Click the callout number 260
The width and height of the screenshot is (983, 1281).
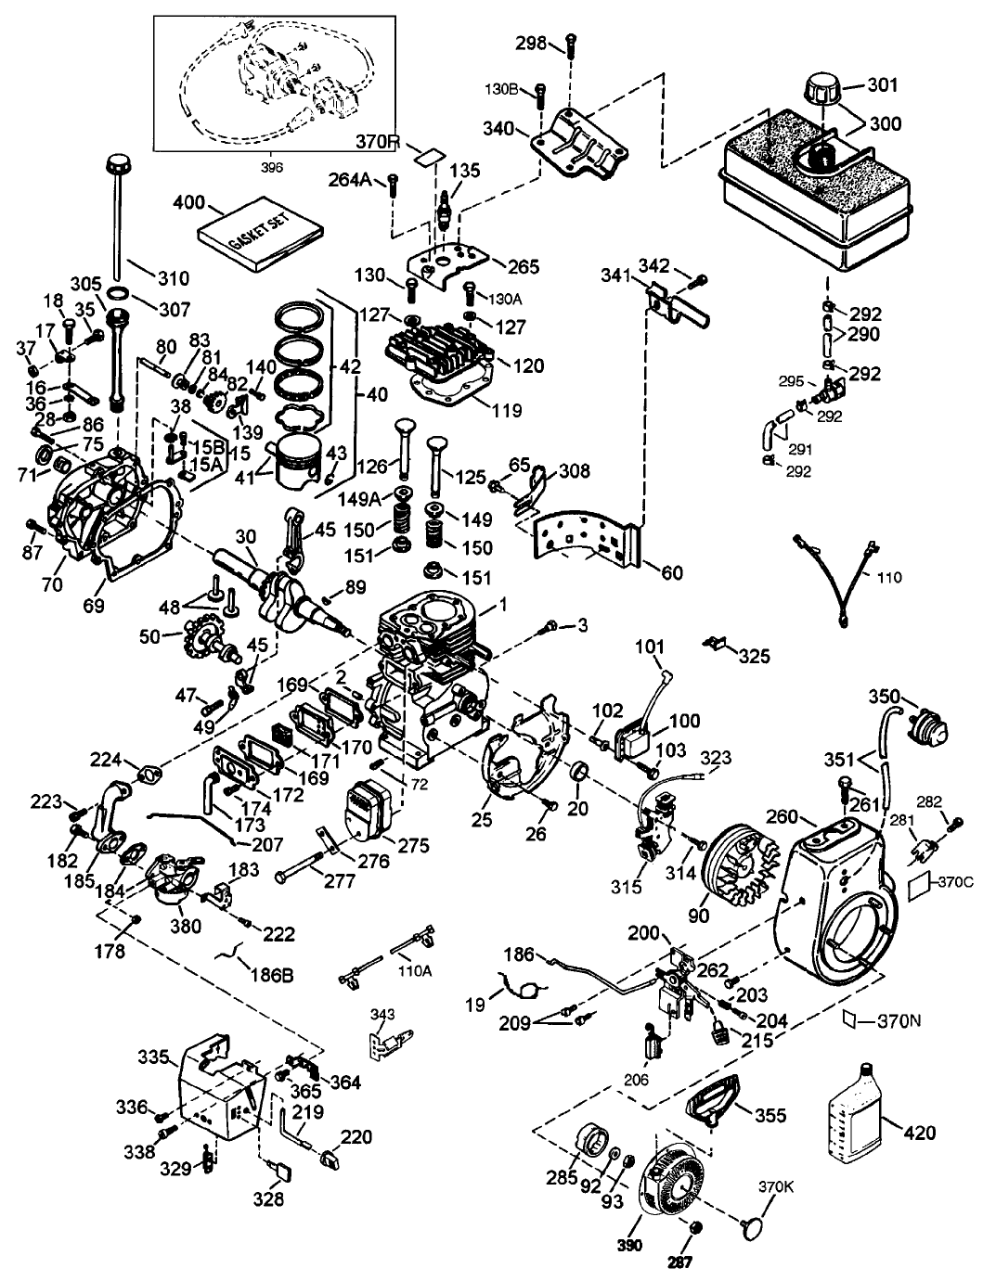[x=783, y=816]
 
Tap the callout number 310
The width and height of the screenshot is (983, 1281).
[x=173, y=277]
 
